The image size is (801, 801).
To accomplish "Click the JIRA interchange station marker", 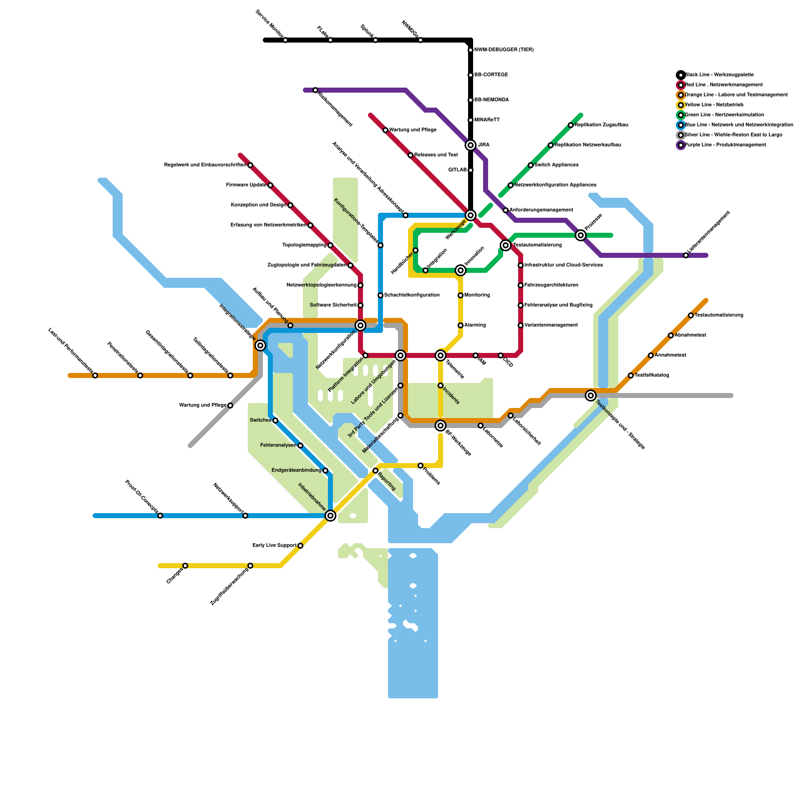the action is [x=471, y=145].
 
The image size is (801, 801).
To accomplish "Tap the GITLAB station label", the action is [x=457, y=170].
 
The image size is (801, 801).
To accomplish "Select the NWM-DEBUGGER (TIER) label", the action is [x=504, y=50].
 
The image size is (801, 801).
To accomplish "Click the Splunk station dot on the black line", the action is [x=375, y=40].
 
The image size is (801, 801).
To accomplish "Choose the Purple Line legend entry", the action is [x=725, y=145].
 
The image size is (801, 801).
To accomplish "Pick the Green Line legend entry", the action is [x=724, y=115].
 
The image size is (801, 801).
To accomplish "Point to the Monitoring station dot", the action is [x=461, y=295].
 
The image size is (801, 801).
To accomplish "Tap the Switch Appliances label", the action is [x=556, y=165].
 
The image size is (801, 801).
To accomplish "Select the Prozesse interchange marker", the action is [x=581, y=235].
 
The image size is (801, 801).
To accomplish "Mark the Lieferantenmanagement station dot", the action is [x=686, y=255].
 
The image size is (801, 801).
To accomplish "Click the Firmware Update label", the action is [x=246, y=185].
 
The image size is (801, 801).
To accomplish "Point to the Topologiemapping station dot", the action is [x=330, y=245].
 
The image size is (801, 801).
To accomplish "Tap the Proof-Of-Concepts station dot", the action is [x=160, y=516].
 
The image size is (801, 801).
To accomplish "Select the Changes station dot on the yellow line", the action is [x=185, y=566].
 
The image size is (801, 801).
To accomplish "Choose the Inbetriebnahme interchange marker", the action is [x=330, y=516].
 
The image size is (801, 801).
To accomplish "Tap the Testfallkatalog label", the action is [x=651, y=375].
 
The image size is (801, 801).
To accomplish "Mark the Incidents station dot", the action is [x=441, y=385].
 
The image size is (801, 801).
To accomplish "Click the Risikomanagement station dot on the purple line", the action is [x=315, y=90].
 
